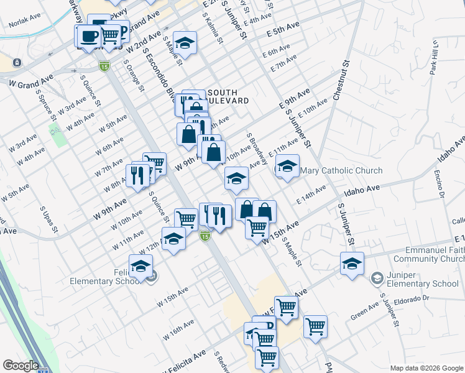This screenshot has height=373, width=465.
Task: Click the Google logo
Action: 21,366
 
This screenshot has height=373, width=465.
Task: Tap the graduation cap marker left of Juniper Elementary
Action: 352,264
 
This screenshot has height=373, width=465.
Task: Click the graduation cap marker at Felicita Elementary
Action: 141,266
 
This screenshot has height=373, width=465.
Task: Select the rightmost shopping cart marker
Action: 315,325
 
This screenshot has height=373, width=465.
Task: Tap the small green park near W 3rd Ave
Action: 58,135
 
